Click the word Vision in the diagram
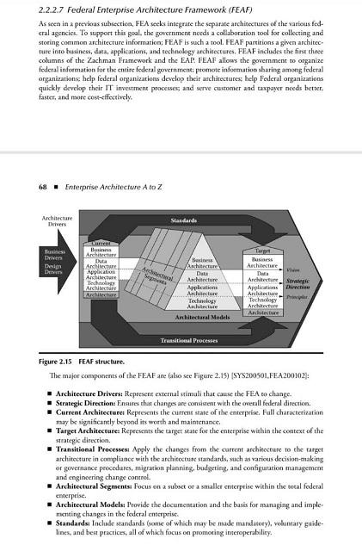(x=294, y=269)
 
